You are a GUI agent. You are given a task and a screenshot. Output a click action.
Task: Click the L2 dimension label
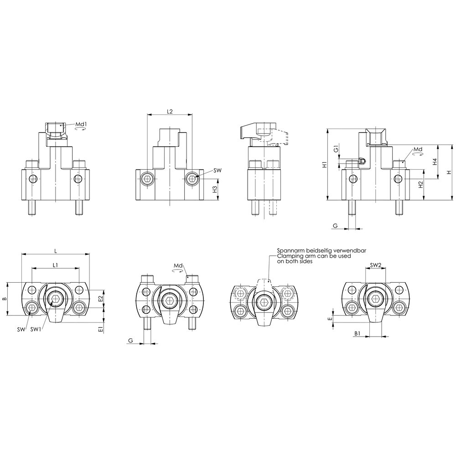point(170,111)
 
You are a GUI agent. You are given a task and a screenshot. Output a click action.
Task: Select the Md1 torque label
point(81,124)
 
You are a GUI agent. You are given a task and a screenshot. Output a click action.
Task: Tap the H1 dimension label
point(325,164)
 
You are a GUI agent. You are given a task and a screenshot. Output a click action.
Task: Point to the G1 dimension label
point(336,149)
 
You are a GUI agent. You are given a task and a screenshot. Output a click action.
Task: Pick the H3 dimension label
point(215,190)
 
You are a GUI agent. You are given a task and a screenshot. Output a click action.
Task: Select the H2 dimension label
point(420,184)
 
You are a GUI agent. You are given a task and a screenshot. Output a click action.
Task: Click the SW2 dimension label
point(375,265)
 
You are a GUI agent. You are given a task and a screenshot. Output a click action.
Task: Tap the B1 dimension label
point(358,334)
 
